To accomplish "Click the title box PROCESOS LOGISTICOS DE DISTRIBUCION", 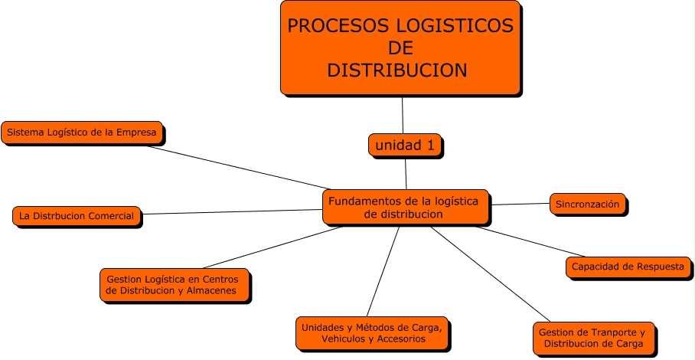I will (x=400, y=47).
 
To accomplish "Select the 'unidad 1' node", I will (x=405, y=145).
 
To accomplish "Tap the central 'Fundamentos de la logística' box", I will (x=404, y=207).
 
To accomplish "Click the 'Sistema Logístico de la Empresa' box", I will (x=82, y=133).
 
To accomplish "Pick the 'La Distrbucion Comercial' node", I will (x=77, y=216).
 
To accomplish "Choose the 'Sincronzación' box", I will (x=587, y=204).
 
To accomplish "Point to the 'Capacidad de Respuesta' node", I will (x=628, y=267).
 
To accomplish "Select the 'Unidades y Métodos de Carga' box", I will (x=371, y=332).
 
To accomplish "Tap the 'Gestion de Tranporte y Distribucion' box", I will (x=592, y=338).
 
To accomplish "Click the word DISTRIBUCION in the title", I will (x=396, y=70).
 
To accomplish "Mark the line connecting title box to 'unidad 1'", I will (x=403, y=115).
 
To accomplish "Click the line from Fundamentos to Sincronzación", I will (x=520, y=205).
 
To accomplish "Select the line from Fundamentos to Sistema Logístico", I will (x=237, y=167).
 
